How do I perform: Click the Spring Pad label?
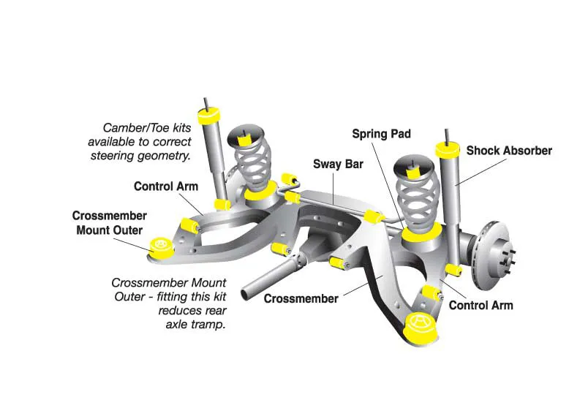tap(381, 134)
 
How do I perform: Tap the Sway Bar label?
tap(338, 165)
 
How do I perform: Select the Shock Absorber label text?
tap(509, 151)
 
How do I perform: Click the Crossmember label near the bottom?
tap(301, 298)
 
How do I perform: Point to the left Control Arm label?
tap(165, 186)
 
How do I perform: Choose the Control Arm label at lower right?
tap(480, 305)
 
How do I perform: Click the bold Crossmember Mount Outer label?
tap(109, 223)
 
